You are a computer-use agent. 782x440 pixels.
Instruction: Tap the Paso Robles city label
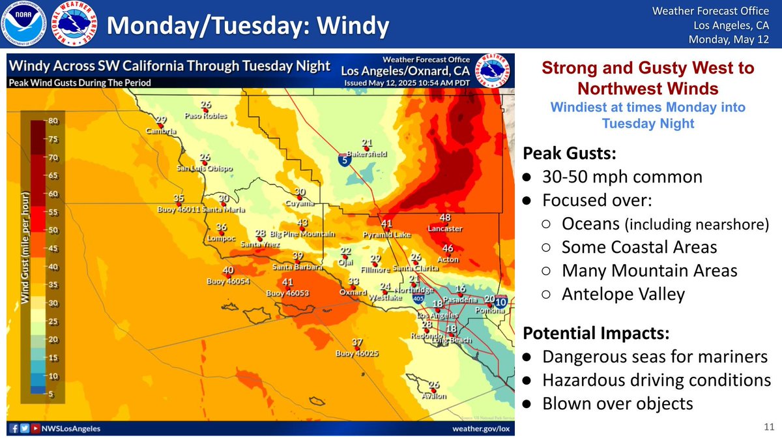pos(206,116)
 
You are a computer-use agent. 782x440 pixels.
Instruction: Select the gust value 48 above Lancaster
pos(445,218)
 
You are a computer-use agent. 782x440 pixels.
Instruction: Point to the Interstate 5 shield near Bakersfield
pos(343,159)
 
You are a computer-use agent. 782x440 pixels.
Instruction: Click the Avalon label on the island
pos(433,396)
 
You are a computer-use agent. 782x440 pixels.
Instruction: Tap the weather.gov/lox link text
pos(481,429)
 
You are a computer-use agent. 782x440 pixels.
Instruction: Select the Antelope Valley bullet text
pos(623,294)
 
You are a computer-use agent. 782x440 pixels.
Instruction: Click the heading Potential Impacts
pos(596,332)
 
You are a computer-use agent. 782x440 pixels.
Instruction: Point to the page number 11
pos(767,427)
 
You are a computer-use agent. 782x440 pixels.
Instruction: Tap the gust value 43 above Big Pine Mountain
pos(302,223)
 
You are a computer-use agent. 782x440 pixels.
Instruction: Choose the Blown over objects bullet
pos(617,403)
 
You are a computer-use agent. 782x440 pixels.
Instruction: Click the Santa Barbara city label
pos(298,267)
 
